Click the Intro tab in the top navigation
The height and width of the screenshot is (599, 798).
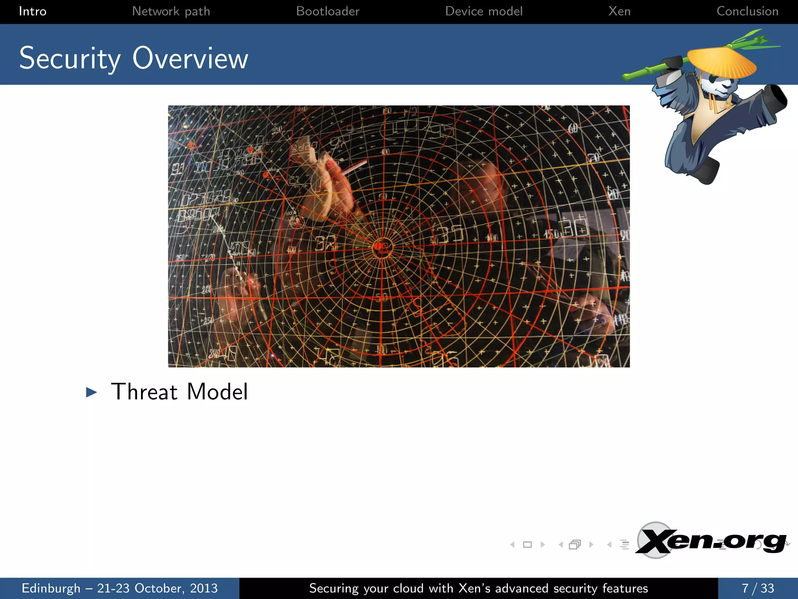[x=33, y=11]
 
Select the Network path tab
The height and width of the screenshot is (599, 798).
[x=171, y=11]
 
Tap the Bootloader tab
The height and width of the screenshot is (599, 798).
[x=328, y=11]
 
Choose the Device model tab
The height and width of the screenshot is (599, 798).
[x=484, y=11]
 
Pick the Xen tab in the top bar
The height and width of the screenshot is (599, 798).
[x=619, y=11]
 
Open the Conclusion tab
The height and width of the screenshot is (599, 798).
[x=747, y=11]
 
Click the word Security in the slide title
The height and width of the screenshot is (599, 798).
[x=70, y=58]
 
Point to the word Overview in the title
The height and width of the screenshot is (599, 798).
[x=190, y=58]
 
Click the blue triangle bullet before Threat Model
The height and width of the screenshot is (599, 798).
[x=91, y=392]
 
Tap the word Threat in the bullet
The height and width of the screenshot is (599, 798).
[x=144, y=392]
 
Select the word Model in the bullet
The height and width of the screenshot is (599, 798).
[x=217, y=392]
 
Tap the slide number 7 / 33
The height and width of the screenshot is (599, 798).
[x=757, y=588]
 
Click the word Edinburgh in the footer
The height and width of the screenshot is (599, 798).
[x=51, y=588]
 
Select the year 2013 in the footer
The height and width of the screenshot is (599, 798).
[x=203, y=588]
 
